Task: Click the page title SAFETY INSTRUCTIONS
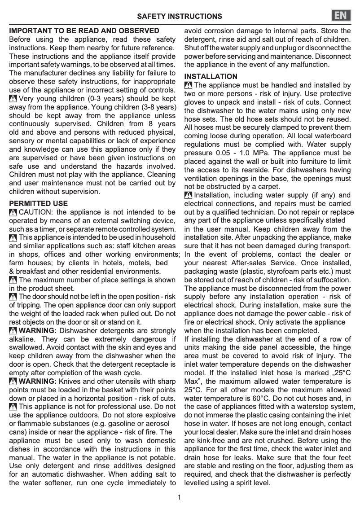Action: coord(179,17)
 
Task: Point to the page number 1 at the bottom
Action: coord(179,497)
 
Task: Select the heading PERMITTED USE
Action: coord(39,203)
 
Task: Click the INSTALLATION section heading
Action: coord(211,76)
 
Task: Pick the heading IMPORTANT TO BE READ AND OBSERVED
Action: coord(84,31)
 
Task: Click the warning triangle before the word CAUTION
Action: coord(13,212)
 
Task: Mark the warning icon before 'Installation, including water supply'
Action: coord(189,195)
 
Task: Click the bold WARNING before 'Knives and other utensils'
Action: coord(37,381)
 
